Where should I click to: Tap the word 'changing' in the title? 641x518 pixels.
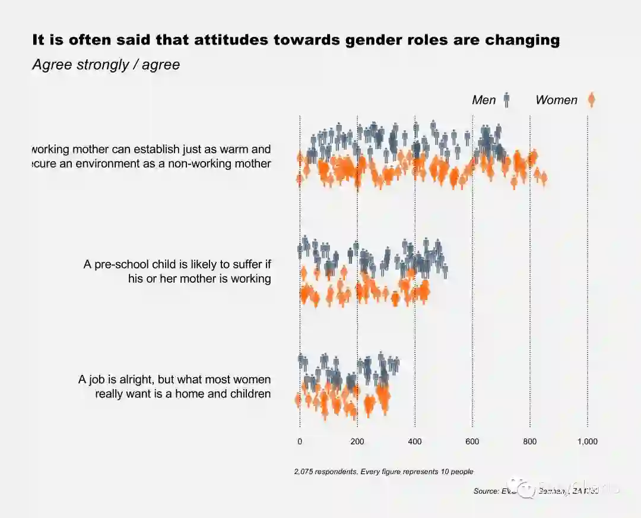coord(522,40)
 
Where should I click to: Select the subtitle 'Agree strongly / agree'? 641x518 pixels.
coord(106,65)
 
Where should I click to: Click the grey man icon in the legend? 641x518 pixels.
coord(506,100)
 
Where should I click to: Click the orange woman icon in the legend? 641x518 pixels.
coord(591,100)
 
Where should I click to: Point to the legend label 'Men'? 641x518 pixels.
coord(484,100)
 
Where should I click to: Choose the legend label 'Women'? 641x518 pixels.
coord(556,100)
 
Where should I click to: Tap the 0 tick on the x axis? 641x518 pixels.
coord(300,442)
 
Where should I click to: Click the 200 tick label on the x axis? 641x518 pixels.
coord(357,442)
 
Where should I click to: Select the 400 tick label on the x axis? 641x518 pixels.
coord(415,442)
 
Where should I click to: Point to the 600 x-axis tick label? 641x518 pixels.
coord(472,442)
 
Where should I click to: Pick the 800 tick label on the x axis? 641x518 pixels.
coord(530,442)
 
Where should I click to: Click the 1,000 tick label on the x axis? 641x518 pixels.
coord(588,442)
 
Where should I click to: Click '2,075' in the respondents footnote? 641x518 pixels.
coord(303,472)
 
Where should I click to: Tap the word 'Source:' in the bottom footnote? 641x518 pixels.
coord(486,491)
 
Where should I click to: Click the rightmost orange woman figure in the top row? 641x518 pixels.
coord(543,178)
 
